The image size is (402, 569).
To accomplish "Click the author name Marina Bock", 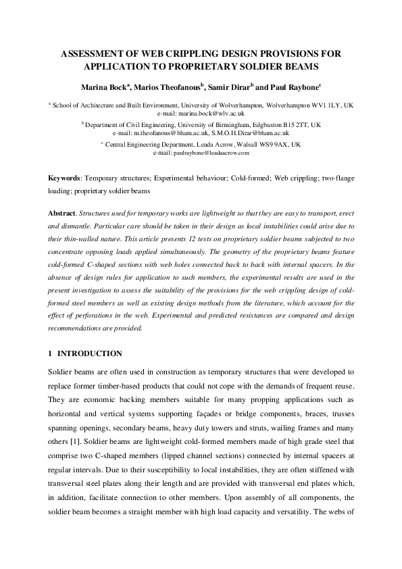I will [x=103, y=86].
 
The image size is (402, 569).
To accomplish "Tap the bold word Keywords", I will [x=64, y=178].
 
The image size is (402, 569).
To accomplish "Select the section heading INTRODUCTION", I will [x=90, y=353].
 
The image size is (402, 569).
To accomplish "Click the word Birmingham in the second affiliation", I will [x=227, y=126].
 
